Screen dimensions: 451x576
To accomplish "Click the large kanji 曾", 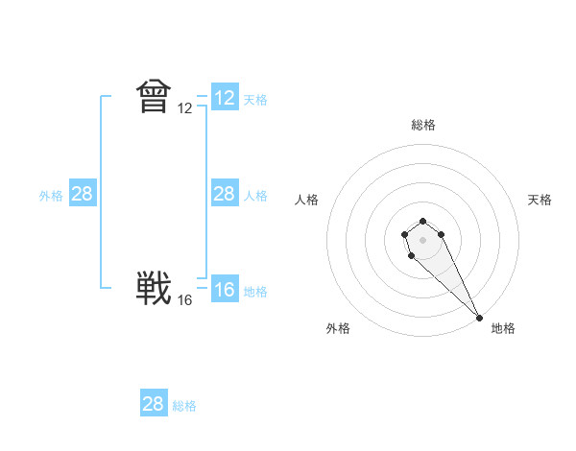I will click(x=154, y=98).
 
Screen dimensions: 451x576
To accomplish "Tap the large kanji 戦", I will click(x=154, y=289).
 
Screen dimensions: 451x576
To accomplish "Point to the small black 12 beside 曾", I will click(x=185, y=108).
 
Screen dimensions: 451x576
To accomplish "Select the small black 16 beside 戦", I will click(x=185, y=300).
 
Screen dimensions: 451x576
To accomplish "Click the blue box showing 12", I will click(x=225, y=98).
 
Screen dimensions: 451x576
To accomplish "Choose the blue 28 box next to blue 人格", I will click(x=225, y=194).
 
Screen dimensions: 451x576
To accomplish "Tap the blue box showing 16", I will click(x=225, y=289).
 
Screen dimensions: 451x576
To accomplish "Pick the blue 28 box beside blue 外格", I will click(x=83, y=194).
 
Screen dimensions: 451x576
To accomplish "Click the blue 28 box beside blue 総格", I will click(x=154, y=404).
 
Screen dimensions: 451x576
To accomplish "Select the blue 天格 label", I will click(x=255, y=99).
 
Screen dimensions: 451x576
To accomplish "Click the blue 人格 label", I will click(x=255, y=195).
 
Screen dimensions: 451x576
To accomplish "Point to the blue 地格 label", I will click(x=255, y=291).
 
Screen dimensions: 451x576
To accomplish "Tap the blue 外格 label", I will click(x=51, y=195).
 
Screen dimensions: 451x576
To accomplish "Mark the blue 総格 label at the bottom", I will click(x=184, y=405).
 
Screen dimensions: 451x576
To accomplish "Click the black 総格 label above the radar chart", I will click(x=423, y=125).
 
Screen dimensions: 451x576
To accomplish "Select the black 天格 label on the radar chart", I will click(x=540, y=200).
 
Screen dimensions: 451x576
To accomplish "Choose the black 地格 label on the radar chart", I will click(x=503, y=328).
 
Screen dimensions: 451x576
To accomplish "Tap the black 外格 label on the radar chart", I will click(x=338, y=328).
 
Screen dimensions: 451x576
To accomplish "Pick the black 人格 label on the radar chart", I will click(x=307, y=200).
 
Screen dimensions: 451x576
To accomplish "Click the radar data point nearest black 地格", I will click(x=479, y=317).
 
